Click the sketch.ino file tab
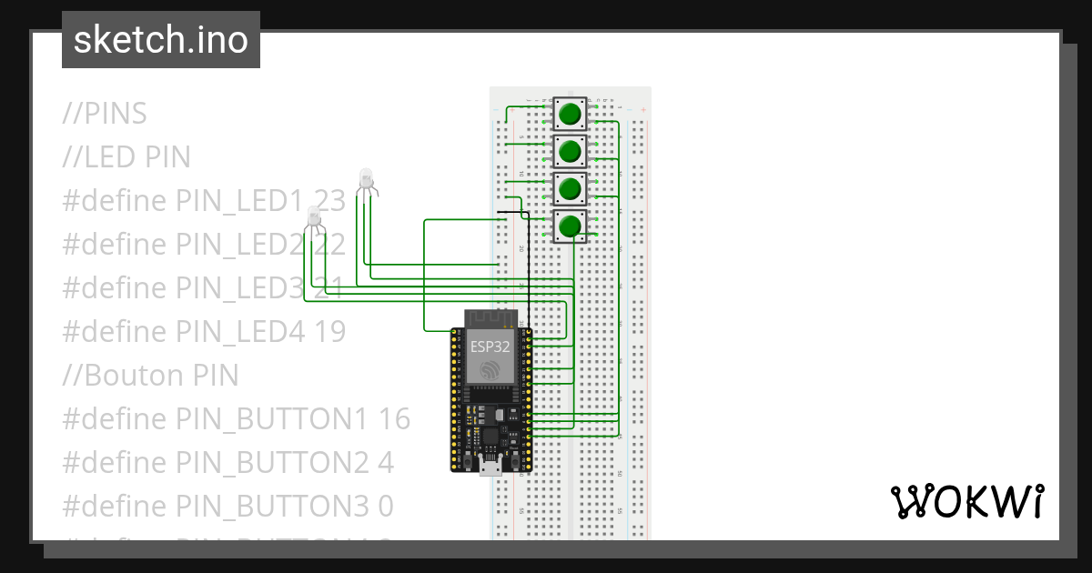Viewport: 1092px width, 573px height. (x=160, y=40)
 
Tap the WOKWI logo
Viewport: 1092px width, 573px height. (x=966, y=501)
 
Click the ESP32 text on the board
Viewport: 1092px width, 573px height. (x=490, y=346)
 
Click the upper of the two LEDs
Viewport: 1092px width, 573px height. (x=366, y=178)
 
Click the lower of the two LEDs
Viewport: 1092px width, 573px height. (x=313, y=217)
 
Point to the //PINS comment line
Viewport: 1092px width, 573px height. (x=105, y=114)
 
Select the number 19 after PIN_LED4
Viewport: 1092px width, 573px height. (x=329, y=332)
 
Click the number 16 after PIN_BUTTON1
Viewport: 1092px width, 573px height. (x=393, y=419)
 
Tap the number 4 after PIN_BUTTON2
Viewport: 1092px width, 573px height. (x=385, y=463)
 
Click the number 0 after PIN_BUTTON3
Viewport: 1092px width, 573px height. (x=385, y=507)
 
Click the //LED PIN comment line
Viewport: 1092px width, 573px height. (x=126, y=157)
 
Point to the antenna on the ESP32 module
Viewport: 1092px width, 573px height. (x=491, y=318)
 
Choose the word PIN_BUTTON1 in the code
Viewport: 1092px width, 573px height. (x=273, y=419)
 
